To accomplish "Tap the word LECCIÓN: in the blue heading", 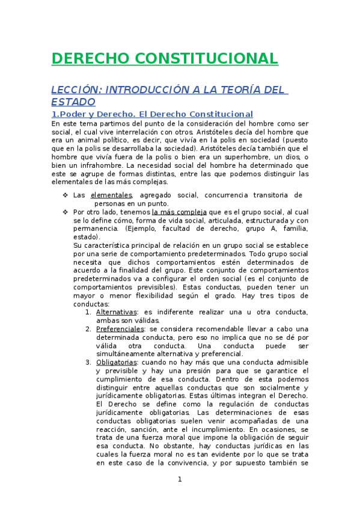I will click(75, 90).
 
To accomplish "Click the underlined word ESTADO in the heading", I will click(73, 102).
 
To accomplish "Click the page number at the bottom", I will click(179, 479).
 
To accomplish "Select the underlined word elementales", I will click(111, 195).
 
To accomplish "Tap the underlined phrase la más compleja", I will click(179, 212).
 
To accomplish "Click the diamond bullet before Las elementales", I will click(65, 195).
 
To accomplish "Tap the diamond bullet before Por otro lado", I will click(65, 212).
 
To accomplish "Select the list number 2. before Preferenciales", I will click(88, 329).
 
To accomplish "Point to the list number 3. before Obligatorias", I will click(88, 362).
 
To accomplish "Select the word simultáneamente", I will click(127, 354).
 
